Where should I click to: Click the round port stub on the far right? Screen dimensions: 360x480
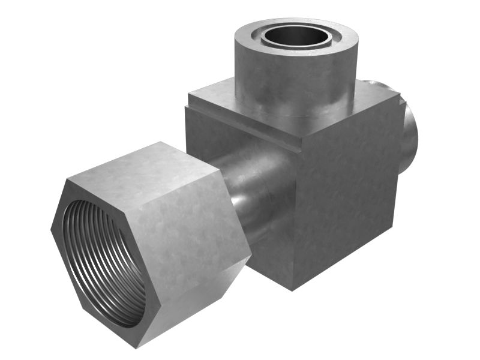tap(409, 135)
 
